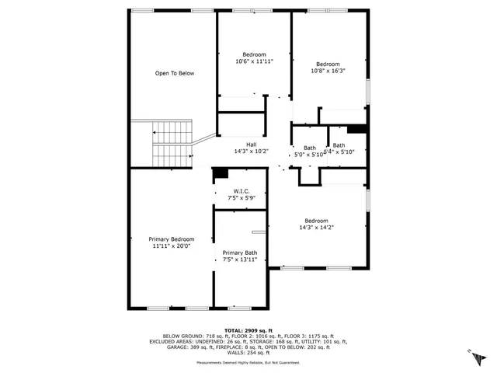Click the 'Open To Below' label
pos(174,74)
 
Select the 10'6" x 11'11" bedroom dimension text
pos(254,61)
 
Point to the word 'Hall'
pos(251,145)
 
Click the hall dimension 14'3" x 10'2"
pos(251,152)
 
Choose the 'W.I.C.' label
pos(241,191)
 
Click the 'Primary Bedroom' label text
pos(172,239)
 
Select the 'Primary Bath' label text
pos(239,253)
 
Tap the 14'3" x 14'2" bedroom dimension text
pos(316,228)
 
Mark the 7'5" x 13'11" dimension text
pos(239,260)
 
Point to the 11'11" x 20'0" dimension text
pos(172,246)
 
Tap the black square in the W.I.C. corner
pos(221,175)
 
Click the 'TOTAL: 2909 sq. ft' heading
pos(248,329)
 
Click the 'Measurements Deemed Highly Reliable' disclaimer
pos(248,362)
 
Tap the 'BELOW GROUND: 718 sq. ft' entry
pos(184,335)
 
